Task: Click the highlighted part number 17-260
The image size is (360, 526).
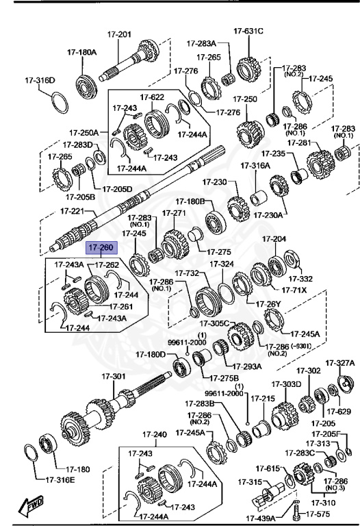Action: (x=101, y=249)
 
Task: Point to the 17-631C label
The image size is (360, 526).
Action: (x=248, y=30)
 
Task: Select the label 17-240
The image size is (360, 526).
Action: (x=154, y=435)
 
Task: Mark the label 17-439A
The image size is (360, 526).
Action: (x=259, y=518)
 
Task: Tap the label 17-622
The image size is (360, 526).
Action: (x=152, y=97)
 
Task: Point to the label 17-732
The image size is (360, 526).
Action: (x=186, y=273)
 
